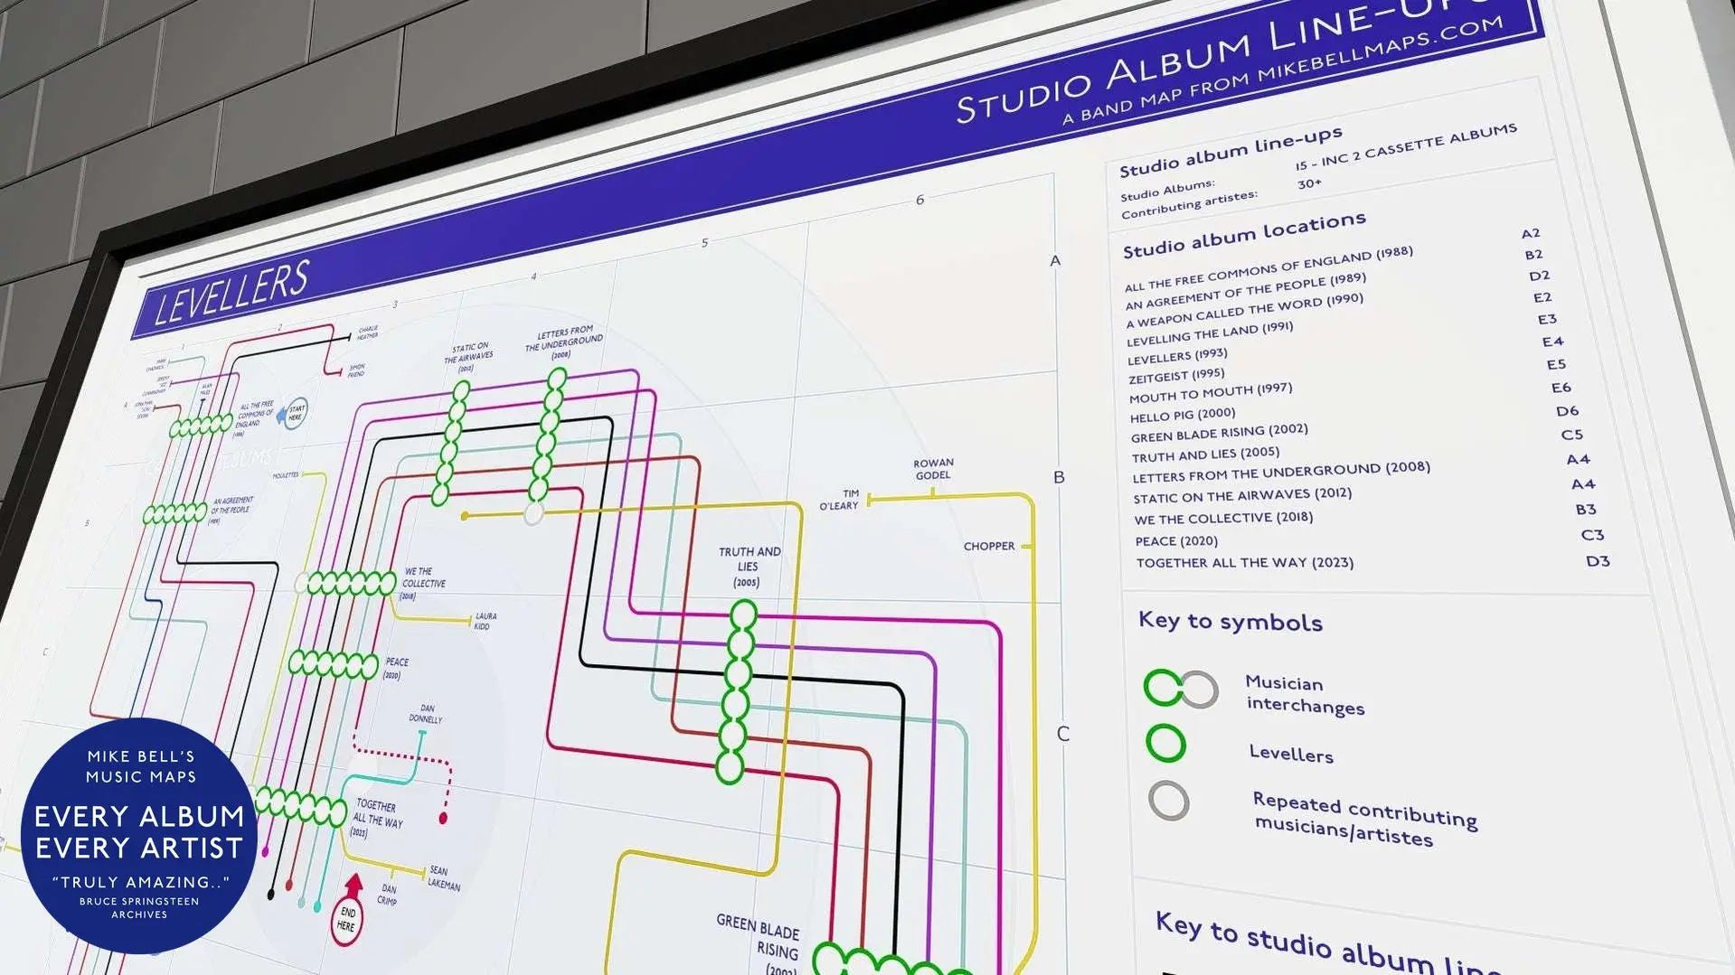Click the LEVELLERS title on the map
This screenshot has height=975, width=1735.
[x=231, y=293]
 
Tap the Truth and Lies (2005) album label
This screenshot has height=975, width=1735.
[x=749, y=567]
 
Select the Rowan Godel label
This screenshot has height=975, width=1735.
[x=933, y=469]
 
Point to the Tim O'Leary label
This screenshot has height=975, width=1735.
[x=840, y=500]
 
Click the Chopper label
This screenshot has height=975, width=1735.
[x=988, y=547]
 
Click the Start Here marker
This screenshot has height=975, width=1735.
[x=296, y=413]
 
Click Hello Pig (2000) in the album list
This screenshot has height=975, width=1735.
[x=1182, y=415]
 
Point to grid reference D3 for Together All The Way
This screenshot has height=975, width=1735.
[x=1598, y=561]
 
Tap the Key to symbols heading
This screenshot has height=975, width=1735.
[x=1230, y=622]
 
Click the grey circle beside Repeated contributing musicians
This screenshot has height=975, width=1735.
[x=1168, y=801]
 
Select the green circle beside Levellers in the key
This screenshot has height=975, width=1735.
[x=1165, y=743]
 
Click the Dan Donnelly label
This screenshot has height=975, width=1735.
[x=426, y=714]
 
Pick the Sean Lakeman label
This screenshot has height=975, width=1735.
[x=443, y=878]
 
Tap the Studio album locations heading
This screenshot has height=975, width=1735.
[x=1243, y=234]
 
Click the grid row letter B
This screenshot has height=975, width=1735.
[x=1059, y=477]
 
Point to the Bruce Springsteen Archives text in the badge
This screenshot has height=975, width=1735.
[x=139, y=907]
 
